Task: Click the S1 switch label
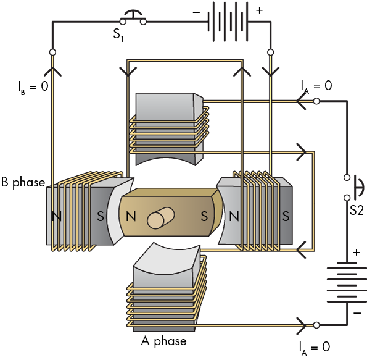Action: tap(118, 35)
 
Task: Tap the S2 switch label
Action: tap(357, 210)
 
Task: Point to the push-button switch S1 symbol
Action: tap(133, 18)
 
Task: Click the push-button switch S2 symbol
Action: tap(353, 188)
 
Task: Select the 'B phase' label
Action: tap(23, 182)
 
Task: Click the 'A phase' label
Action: tap(163, 341)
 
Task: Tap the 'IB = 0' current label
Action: tap(33, 86)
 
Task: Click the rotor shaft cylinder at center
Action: tap(161, 218)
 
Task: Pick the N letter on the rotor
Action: tap(131, 216)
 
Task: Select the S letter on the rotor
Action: tap(204, 216)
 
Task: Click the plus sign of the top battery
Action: tap(259, 10)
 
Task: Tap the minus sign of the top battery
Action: tap(196, 12)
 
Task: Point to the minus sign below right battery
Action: tap(357, 313)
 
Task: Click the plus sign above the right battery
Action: tap(357, 253)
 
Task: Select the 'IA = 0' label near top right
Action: tap(316, 86)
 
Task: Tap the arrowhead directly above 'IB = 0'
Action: tap(52, 71)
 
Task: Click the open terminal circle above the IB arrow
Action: tap(52, 52)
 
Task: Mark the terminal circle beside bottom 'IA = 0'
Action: tap(316, 325)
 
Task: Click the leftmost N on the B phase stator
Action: tap(56, 216)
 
